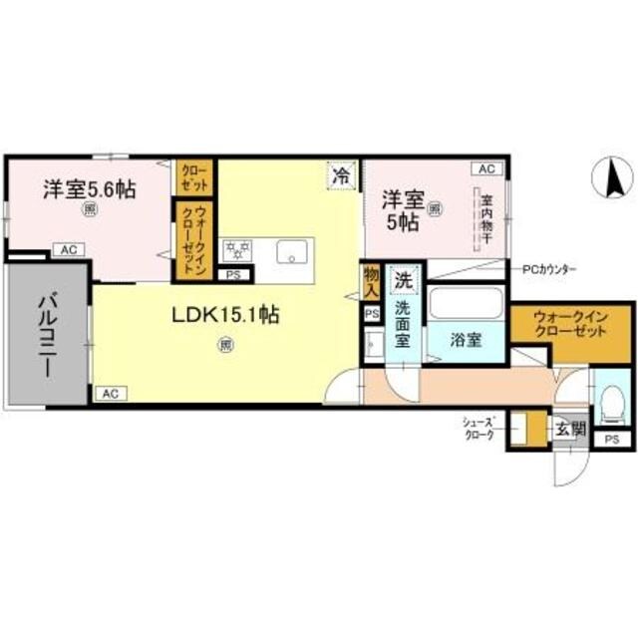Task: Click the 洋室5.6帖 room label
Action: coord(89,188)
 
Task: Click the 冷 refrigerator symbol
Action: coord(341,173)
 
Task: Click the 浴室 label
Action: coord(466,339)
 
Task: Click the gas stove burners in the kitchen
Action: coord(237,248)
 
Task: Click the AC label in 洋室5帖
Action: coord(486,169)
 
